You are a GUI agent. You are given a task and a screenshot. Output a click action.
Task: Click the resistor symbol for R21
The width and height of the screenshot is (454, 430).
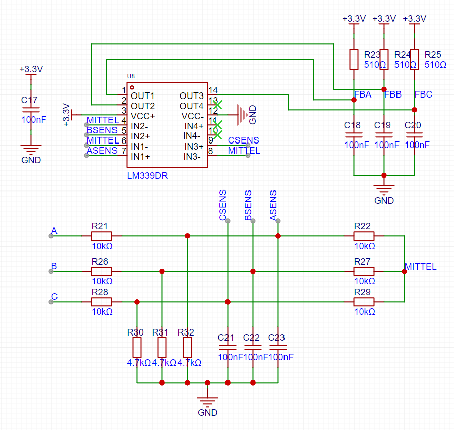point(101,236)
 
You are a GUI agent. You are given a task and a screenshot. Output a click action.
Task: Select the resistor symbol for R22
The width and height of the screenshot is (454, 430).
point(364,236)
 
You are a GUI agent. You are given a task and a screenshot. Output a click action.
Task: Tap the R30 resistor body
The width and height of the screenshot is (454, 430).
point(137,347)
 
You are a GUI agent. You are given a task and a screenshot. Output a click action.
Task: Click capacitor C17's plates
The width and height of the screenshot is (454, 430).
point(31,110)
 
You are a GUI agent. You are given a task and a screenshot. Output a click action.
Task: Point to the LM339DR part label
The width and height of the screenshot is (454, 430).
point(147,176)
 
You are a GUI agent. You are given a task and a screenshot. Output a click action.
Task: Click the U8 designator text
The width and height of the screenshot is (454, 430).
point(131,76)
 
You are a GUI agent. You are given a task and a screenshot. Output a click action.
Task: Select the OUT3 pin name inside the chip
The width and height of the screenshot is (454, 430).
point(191,95)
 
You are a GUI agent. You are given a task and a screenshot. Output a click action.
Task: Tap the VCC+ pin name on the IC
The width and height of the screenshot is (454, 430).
point(143,116)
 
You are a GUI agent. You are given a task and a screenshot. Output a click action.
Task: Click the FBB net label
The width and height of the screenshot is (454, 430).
point(393,94)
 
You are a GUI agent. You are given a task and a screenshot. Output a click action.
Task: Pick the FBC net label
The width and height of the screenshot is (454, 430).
point(423,94)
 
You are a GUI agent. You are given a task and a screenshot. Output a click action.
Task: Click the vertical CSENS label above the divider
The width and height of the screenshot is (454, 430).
point(222,205)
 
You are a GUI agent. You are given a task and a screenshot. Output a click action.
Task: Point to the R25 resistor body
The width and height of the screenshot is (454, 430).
point(414,59)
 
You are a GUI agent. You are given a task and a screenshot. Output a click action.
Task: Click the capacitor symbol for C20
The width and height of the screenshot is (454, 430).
point(414,135)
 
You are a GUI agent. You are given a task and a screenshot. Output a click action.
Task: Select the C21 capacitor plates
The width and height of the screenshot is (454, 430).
point(228,347)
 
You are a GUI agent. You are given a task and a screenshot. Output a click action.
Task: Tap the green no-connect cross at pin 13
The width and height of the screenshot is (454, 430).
point(218,105)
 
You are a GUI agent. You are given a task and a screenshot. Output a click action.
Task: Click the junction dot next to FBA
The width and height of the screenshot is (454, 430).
point(354,100)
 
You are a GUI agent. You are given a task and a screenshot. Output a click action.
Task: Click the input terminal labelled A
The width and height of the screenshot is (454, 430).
point(51,236)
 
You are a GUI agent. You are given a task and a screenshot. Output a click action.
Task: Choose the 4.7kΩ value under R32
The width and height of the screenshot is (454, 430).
point(189,362)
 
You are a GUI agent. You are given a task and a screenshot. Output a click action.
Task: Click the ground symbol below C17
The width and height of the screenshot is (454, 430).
point(31,149)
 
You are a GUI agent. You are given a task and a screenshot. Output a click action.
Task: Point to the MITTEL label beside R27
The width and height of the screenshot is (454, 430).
point(420,266)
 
